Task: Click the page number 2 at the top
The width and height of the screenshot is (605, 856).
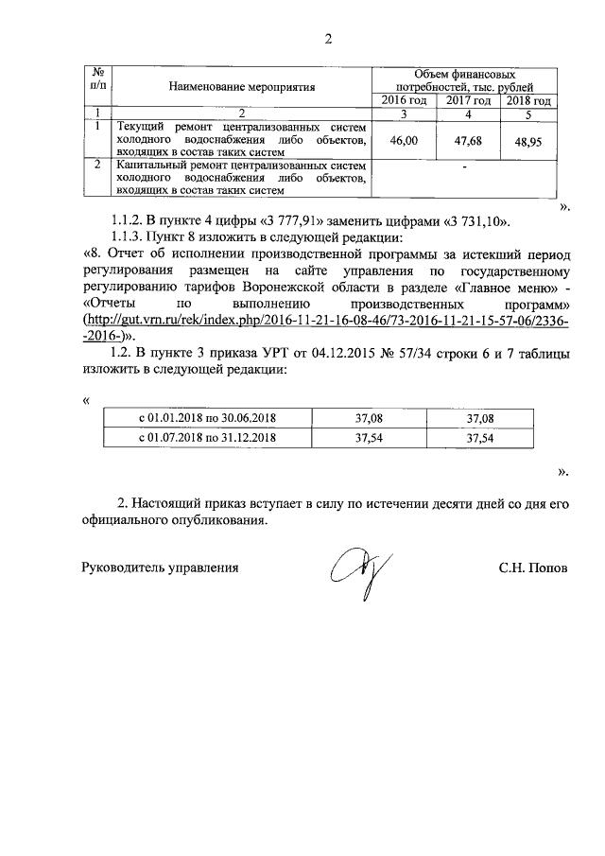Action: [328, 40]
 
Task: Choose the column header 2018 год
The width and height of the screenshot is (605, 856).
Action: [527, 100]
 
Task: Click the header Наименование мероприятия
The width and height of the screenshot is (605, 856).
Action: [241, 87]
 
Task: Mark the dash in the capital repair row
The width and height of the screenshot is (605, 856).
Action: [465, 167]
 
